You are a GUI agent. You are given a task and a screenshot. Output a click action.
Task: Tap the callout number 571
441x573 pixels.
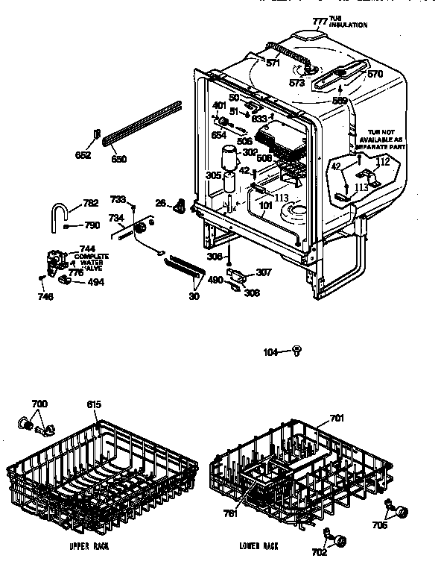coord(273,63)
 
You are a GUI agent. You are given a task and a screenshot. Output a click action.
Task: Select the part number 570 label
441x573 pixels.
coord(375,74)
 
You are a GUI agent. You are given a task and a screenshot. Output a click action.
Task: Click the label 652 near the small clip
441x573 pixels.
coord(83,155)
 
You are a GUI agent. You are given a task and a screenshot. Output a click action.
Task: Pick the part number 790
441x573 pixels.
coord(92,225)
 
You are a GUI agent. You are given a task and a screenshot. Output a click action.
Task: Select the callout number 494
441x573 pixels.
coord(95,282)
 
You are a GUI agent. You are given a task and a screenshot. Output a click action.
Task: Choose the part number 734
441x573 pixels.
coord(115,218)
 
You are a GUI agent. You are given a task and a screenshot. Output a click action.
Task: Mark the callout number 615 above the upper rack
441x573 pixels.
coord(93,404)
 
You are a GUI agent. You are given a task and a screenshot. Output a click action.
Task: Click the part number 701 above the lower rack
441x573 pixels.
coord(337,419)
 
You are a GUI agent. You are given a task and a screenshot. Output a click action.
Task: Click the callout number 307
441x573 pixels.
coord(264,272)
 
